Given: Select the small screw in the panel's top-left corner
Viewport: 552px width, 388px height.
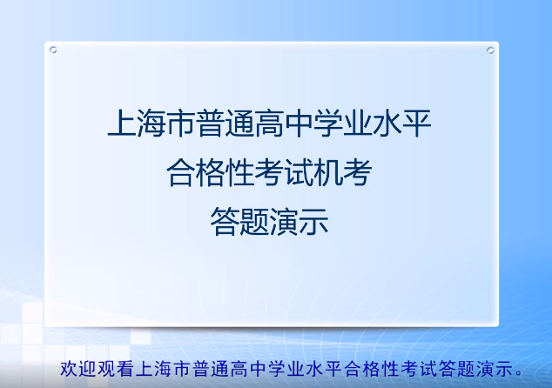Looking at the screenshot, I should [x=54, y=50].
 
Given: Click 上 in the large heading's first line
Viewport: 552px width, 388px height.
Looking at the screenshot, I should [x=118, y=124].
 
